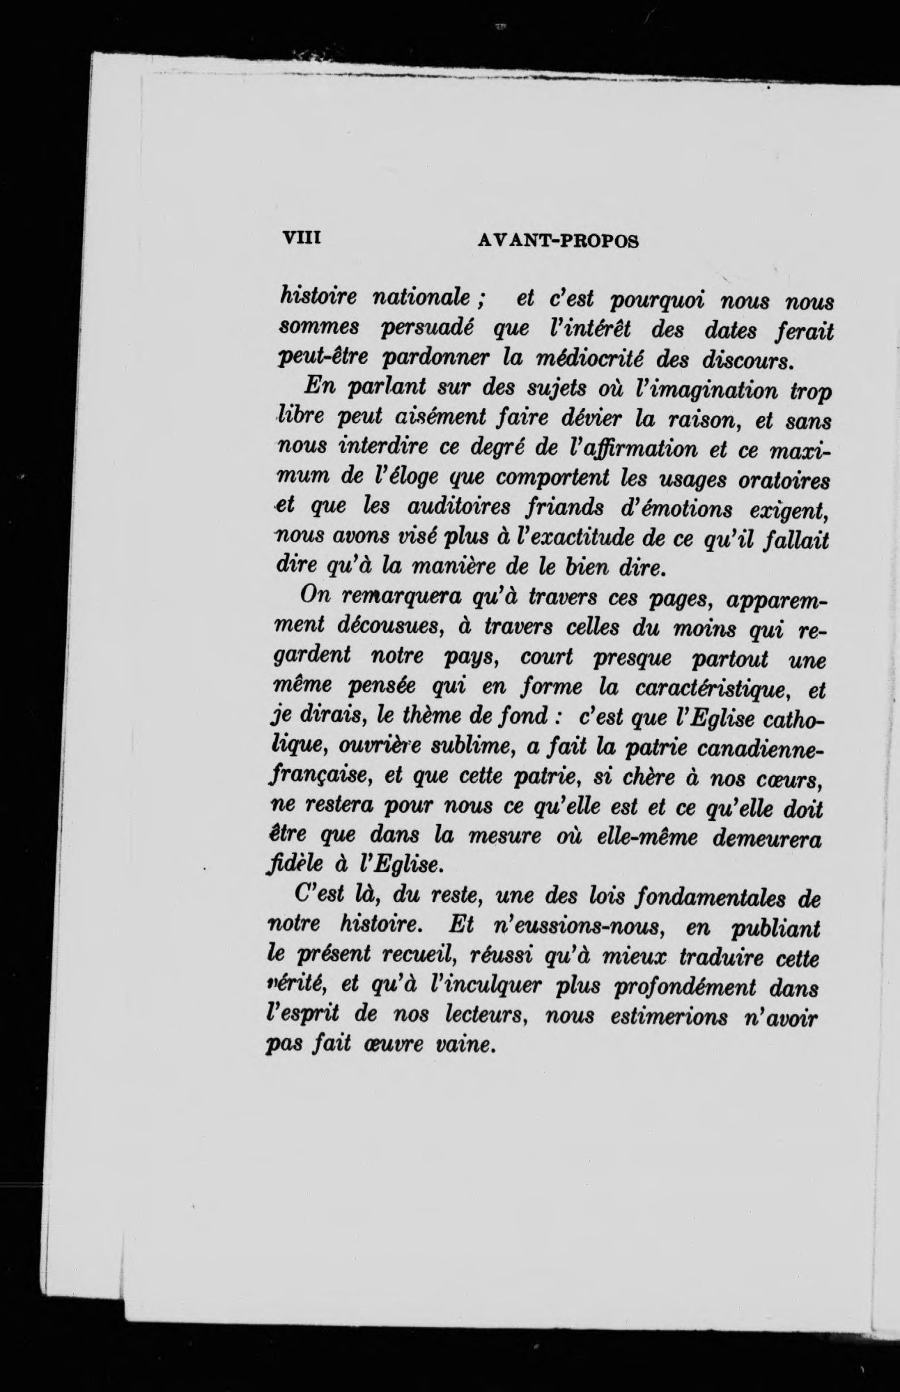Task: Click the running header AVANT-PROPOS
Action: (559, 240)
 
